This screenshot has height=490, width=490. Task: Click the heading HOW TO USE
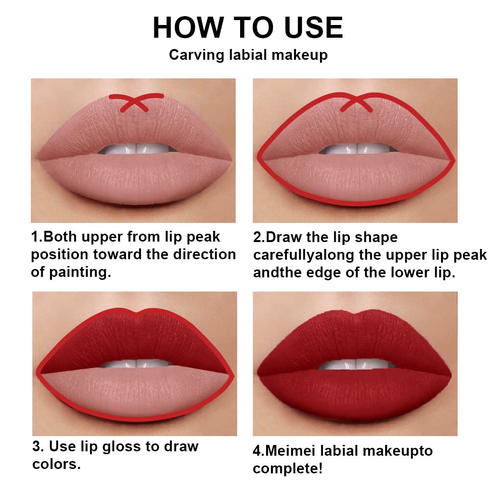pyautogui.click(x=247, y=27)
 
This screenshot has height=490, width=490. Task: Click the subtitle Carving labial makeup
pyautogui.click(x=248, y=55)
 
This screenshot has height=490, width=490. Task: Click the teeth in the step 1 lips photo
pyautogui.click(x=133, y=148)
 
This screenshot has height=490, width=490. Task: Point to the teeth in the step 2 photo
pyautogui.click(x=355, y=149)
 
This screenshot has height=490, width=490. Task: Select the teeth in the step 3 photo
pyautogui.click(x=135, y=364)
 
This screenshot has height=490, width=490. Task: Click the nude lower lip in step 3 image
pyautogui.click(x=135, y=392)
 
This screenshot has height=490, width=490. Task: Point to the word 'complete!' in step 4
pyautogui.click(x=288, y=468)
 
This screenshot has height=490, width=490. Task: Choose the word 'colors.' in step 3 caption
pyautogui.click(x=56, y=464)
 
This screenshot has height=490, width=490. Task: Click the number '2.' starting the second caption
pyautogui.click(x=259, y=238)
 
